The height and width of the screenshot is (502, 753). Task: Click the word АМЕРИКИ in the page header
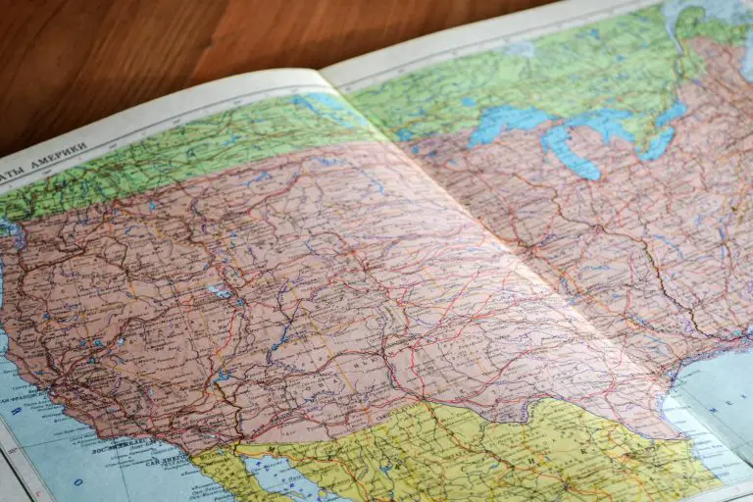pyautogui.click(x=58, y=157)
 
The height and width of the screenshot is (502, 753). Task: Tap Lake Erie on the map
pyautogui.click(x=654, y=146)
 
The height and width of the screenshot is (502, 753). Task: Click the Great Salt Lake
pyautogui.click(x=218, y=291)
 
